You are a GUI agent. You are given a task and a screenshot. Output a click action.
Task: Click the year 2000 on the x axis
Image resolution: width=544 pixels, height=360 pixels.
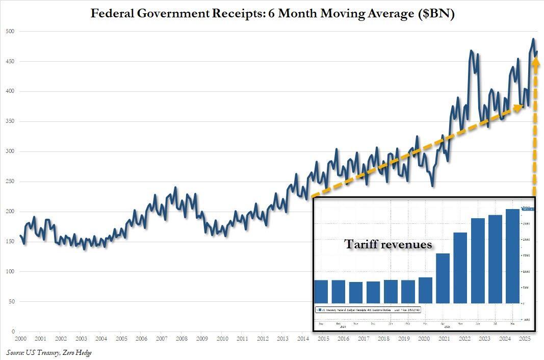20,339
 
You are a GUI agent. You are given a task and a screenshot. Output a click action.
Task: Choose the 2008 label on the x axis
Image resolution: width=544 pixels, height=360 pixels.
182,339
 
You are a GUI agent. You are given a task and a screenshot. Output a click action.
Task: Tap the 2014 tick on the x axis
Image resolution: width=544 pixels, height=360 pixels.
303,339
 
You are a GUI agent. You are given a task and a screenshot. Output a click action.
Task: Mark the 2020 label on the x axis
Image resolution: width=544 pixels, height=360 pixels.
424,339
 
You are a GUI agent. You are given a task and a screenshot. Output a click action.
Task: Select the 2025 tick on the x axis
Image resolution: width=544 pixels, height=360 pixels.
524,339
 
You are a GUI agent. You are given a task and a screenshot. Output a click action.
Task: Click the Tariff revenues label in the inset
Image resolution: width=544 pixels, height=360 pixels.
388,245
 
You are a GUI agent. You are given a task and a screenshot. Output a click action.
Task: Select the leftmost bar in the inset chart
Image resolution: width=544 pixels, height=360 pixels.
321,291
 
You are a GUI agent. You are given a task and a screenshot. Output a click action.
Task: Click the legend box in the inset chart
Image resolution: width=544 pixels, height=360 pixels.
367,310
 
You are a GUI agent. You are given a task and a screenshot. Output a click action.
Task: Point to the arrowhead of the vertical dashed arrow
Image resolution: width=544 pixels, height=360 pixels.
535,61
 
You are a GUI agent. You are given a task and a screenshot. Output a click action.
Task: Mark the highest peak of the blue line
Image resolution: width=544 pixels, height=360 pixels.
533,39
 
